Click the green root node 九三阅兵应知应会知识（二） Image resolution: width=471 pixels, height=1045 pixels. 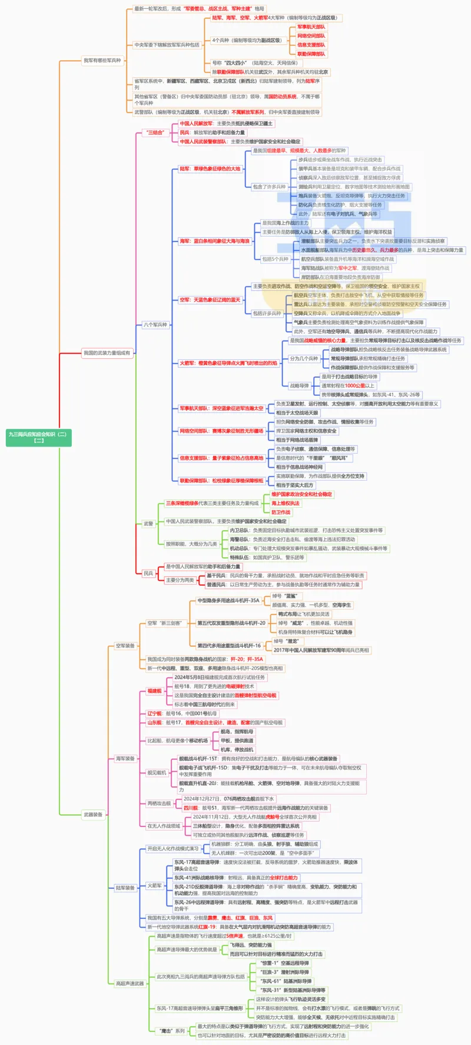[39, 436]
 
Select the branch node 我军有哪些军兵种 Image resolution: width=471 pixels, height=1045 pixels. [102, 61]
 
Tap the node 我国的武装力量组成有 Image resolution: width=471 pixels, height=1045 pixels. [107, 353]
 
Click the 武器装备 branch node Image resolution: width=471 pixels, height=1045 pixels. [93, 815]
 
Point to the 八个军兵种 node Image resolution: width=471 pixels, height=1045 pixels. [155, 325]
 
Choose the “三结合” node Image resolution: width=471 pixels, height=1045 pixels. [155, 133]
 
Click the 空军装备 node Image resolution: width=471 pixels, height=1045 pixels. [125, 646]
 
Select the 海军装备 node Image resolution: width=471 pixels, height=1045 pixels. [125, 759]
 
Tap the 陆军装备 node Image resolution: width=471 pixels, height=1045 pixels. [125, 888]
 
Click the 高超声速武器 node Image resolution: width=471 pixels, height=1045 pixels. [130, 984]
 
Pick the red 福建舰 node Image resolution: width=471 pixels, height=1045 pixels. [154, 691]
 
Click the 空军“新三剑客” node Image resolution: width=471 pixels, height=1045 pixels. [165, 623]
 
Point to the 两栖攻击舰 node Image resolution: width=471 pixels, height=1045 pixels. [159, 803]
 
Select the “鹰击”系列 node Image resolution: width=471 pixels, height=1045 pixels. [172, 1031]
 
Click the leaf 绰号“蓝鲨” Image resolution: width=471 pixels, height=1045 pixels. [284, 596]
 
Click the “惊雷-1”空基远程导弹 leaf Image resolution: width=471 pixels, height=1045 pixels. [284, 963]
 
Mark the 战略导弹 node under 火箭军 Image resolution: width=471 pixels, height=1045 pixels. [299, 386]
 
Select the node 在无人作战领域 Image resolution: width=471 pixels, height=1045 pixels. [164, 826]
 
